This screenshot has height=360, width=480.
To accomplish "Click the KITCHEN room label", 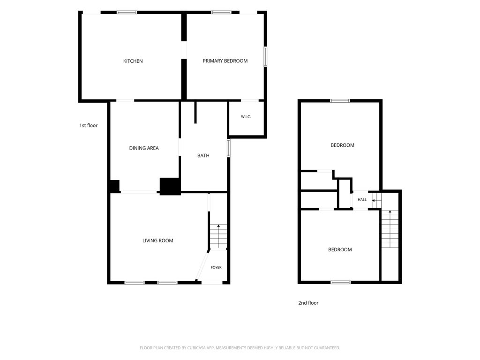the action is [133, 61].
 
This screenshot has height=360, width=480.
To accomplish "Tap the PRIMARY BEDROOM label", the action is [225, 61].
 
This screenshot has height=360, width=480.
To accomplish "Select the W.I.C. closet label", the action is [246, 117].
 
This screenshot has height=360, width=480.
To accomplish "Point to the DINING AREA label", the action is [144, 148].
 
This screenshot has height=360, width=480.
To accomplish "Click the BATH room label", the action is [203, 156].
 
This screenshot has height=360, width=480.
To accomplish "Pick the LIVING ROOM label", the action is [157, 240].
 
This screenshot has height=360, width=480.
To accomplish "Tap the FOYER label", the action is [216, 267].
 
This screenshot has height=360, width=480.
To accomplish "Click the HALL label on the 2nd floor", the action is [362, 200].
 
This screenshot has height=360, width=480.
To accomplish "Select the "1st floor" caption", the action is [89, 125].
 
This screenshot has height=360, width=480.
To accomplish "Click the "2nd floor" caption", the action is [308, 303].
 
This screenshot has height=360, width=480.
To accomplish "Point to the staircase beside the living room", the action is [218, 236].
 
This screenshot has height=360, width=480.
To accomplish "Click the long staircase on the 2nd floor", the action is [390, 229].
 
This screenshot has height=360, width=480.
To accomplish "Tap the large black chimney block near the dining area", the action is [170, 186].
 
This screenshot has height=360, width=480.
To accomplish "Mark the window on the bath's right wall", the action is [228, 148].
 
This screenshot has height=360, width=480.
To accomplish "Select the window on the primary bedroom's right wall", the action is [265, 56].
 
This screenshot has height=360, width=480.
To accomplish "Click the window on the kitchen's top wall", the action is [127, 12].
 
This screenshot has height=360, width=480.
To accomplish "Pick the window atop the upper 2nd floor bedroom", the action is [340, 101].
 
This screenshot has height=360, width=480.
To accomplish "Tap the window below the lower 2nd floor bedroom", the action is [340, 282].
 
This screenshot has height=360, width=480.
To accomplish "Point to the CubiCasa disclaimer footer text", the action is [240, 348].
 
